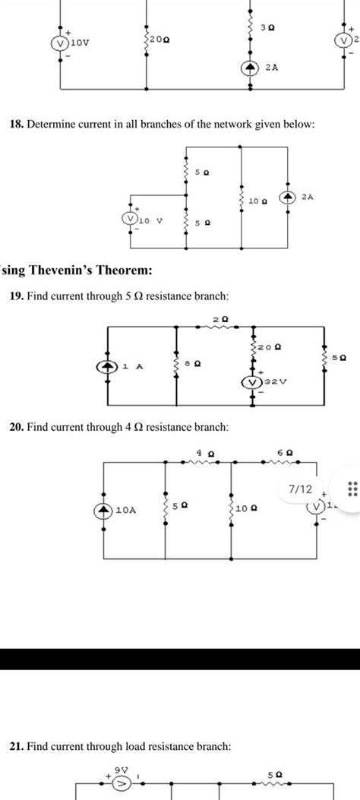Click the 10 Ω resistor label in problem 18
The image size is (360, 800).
258,201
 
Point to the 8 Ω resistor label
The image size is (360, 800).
196,364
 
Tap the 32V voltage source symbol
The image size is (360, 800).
252,381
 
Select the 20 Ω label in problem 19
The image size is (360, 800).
272,347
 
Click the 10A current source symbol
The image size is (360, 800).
103,511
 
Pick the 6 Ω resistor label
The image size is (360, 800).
285,452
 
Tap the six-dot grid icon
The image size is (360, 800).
351,490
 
